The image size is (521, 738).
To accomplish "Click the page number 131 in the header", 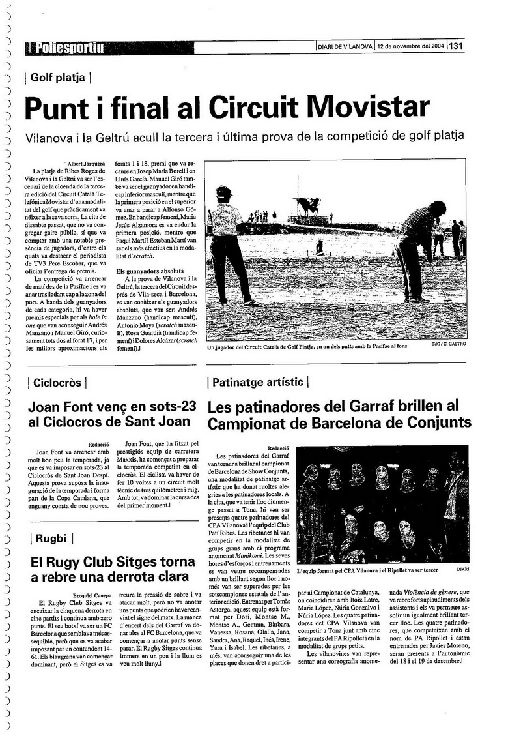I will point(456,46).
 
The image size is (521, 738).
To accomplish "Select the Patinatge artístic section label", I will point(257,382).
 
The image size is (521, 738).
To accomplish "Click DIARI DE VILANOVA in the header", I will point(345,46).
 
